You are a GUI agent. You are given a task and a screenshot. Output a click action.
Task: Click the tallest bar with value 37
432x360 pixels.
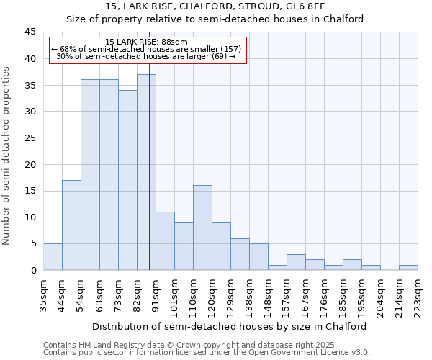(146, 172)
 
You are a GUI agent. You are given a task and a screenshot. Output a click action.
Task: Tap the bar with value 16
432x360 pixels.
(202, 228)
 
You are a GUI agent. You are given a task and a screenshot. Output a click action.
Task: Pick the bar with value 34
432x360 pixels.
(127, 180)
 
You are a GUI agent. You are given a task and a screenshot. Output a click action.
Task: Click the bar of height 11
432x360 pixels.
(165, 240)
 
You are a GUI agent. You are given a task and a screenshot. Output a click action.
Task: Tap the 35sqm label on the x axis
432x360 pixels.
(43, 292)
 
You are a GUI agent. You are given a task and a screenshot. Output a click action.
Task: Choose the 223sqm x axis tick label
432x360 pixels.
(418, 294)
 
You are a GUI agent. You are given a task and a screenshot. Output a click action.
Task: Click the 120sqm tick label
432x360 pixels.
(212, 294)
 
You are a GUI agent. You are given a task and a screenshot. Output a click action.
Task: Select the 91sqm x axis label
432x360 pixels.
(156, 292)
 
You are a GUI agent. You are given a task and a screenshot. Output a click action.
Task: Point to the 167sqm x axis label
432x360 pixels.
(305, 294)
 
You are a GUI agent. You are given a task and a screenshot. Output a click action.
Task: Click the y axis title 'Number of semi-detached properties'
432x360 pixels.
(6, 156)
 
